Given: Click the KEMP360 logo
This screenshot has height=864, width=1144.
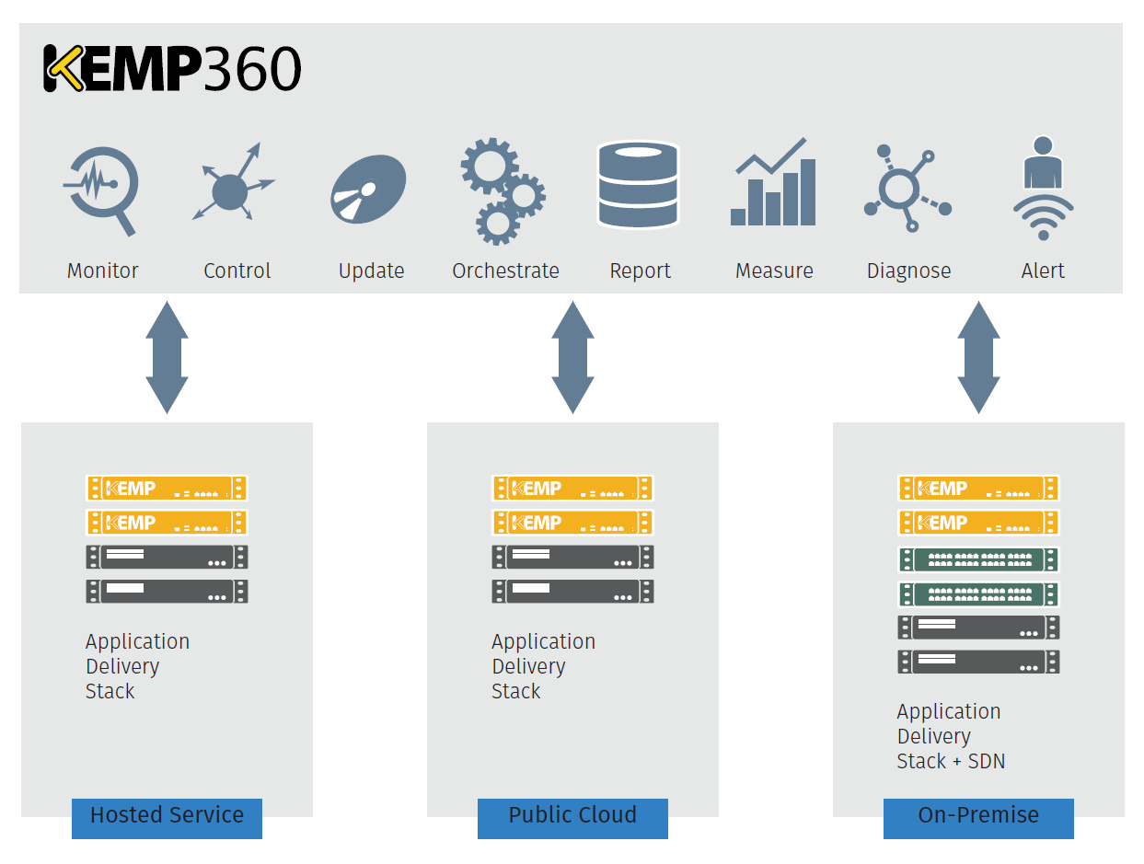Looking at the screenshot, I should coord(172,69).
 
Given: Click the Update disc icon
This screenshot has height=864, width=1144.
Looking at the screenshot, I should coord(368,189).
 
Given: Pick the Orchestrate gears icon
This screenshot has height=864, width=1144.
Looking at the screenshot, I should coord(502,190).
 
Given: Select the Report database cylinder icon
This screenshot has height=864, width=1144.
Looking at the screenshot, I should coord(638,184).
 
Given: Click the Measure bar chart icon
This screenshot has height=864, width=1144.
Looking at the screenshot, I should coord(773,184).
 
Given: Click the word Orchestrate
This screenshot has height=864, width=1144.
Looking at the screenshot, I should coord(505,271).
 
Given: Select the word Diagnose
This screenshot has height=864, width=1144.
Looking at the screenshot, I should coord(908,271).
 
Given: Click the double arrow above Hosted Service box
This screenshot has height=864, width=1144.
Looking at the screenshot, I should coord(167,357).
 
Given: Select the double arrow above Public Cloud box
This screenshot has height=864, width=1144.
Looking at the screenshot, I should coord(572,357).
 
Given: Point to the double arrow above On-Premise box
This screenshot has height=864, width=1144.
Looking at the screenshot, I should coord(978,357).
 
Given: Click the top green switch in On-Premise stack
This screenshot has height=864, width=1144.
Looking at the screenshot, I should coord(978,559).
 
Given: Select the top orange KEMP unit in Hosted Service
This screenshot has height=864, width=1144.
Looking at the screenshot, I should coord(167,488).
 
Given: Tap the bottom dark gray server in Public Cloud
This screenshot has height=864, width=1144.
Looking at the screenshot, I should coord(572,591).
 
